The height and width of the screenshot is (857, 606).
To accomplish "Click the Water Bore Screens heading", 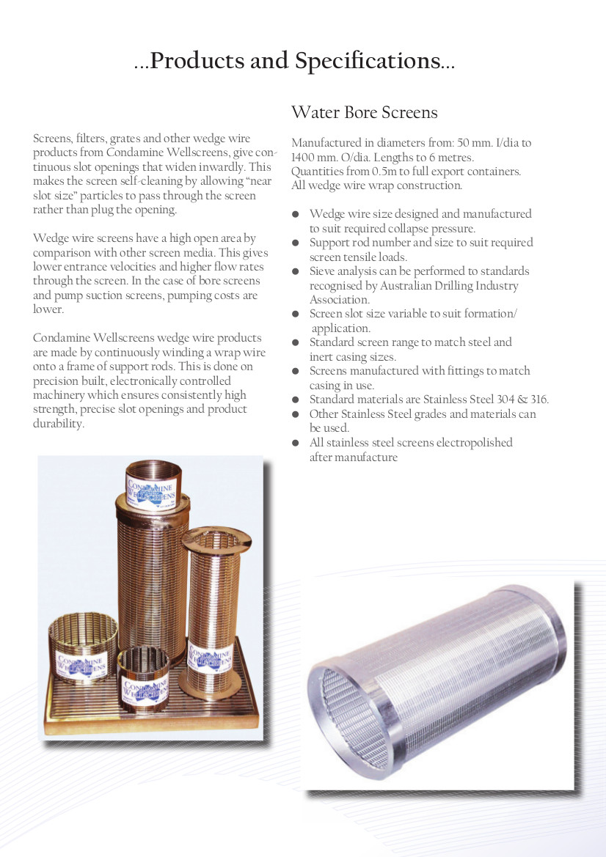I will pos(364,112).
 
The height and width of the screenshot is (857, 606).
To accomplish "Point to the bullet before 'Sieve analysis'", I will pos(296,271).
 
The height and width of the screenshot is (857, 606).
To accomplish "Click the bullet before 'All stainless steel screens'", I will pos(296,443).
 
